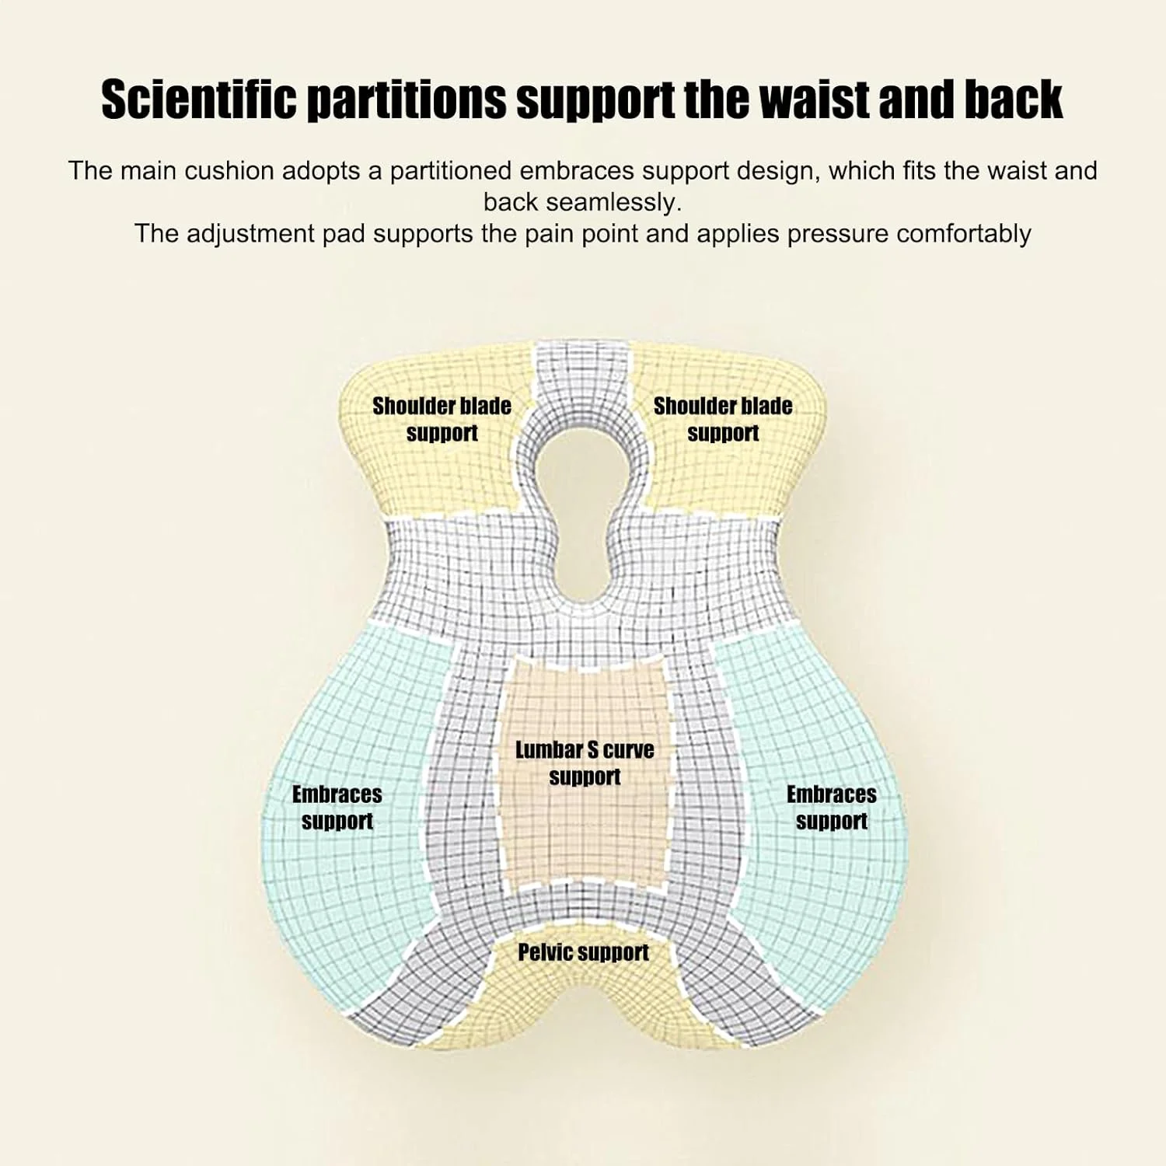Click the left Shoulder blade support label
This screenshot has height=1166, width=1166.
click(442, 419)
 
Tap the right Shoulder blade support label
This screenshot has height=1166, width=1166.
click(723, 419)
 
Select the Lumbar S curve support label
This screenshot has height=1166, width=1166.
click(585, 763)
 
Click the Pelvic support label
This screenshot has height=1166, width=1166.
click(583, 952)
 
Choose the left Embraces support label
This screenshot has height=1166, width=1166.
click(337, 807)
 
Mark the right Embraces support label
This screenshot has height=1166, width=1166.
click(832, 807)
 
